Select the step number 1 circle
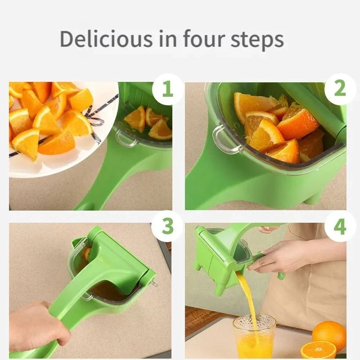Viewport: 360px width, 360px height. [167, 89]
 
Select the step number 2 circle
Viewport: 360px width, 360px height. [340, 89]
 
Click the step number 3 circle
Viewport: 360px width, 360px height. [167, 226]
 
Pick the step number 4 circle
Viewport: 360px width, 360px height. [340, 226]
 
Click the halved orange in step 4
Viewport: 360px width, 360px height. [318, 350]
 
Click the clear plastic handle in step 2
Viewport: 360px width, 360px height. [220, 140]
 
